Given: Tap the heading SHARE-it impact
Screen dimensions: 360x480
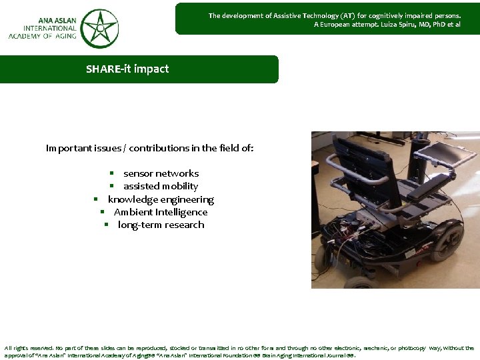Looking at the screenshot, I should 127,69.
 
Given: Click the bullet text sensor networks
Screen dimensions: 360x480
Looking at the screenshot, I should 161,173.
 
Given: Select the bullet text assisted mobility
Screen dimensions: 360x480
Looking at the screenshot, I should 160,186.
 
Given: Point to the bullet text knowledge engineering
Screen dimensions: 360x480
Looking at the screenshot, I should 161,199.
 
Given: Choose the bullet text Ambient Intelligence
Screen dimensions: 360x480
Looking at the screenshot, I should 161,212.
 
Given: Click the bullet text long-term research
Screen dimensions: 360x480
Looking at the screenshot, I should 161,225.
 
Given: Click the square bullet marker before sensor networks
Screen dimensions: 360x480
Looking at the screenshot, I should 113,173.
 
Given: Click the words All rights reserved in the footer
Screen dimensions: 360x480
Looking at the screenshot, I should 31,348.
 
